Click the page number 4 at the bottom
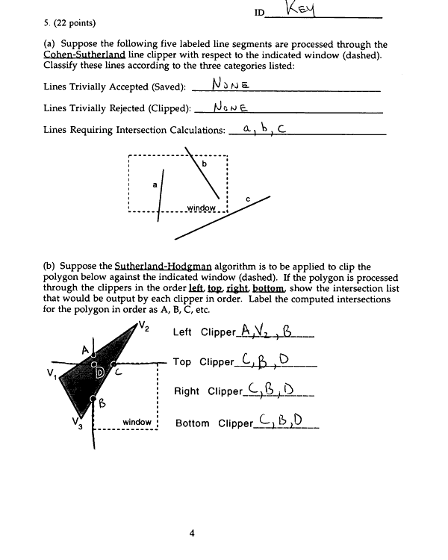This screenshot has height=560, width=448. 192,532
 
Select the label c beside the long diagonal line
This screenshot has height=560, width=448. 247,199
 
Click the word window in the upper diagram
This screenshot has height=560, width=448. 201,208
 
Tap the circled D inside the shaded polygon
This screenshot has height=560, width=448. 100,372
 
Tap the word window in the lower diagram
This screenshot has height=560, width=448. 137,423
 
